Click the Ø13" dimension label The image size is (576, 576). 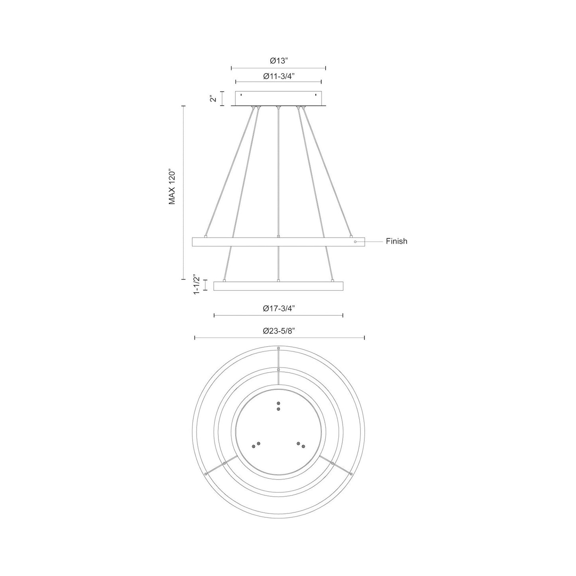coord(279,61)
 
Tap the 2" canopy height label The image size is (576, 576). coord(214,98)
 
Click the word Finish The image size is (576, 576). coord(396,241)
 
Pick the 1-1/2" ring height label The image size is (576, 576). coord(196,285)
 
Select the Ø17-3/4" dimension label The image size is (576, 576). coord(279,308)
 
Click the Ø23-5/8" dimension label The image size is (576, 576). coord(279,331)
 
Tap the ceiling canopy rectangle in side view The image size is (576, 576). coord(279,98)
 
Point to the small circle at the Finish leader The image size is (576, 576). coord(355,242)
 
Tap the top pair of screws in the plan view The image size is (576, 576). coord(278,406)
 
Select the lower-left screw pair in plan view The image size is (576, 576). coord(256,445)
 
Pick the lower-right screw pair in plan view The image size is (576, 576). coord(301,445)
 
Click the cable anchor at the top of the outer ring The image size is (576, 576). coord(278,348)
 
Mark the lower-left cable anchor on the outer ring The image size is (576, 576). coord(205,474)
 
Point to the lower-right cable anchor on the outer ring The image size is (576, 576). coord(351,474)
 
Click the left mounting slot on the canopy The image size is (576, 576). coord(241,95)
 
